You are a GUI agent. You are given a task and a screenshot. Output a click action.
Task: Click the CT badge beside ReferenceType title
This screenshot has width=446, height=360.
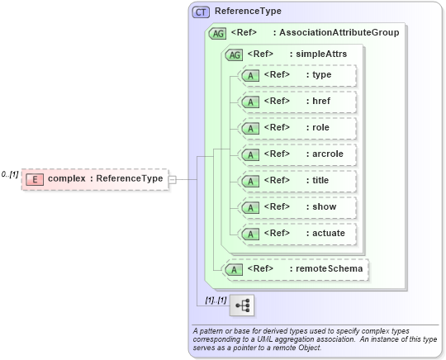[x=201, y=12]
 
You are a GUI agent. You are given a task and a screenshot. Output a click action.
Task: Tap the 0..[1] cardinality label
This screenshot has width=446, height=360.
[x=10, y=174]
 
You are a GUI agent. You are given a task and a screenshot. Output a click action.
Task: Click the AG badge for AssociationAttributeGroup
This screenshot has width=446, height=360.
[x=218, y=33]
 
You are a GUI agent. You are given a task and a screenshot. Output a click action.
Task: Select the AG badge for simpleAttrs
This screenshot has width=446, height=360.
[x=235, y=54]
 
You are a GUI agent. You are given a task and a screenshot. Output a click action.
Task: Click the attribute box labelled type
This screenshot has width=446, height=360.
[x=297, y=75]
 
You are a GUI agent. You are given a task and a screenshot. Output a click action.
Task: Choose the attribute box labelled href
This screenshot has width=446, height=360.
[x=297, y=102]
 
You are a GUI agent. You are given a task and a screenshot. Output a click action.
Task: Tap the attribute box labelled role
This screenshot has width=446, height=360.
[x=297, y=128]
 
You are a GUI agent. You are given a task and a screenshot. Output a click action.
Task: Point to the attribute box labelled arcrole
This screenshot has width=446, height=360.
[x=297, y=154]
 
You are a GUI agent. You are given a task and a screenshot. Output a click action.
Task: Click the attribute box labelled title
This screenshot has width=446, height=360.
[x=297, y=181]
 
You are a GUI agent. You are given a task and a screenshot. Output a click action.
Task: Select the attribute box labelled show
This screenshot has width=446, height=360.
[x=297, y=207]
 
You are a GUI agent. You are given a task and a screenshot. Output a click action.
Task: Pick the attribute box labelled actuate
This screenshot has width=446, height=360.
[x=297, y=234]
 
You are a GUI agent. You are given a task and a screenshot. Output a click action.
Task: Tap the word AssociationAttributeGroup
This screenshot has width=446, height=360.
[x=339, y=33]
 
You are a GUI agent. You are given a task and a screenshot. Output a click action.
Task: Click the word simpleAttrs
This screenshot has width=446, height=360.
[x=322, y=54]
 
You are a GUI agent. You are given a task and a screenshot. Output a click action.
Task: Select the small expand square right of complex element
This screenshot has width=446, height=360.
[x=172, y=178]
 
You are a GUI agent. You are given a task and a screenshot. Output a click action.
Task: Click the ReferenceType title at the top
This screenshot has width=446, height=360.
[x=248, y=12]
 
